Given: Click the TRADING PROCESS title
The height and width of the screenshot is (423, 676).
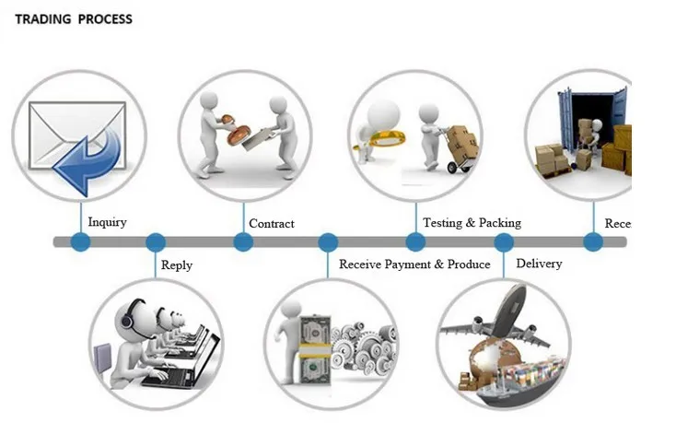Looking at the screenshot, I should point(74,18).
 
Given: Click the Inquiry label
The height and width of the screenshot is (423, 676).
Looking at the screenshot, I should point(107,222).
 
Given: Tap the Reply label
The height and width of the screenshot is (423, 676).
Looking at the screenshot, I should point(177,265).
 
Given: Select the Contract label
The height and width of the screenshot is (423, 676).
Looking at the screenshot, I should point(272,224).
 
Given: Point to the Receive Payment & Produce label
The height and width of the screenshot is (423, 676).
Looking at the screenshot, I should point(414,264).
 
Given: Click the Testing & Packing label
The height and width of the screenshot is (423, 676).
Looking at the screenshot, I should point(472,223).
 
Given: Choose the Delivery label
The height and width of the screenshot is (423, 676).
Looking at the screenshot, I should point(539,264).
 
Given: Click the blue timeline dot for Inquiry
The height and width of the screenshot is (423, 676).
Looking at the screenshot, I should point(81,242).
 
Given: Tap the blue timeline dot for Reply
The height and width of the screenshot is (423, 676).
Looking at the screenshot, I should point(156,242).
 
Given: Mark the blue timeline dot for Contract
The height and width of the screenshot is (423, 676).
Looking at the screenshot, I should point(243,242).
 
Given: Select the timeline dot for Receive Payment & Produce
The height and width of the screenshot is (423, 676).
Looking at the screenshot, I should point(328,242).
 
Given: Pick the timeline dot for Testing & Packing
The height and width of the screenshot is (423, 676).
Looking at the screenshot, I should point(415,242).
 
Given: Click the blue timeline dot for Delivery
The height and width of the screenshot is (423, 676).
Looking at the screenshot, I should point(504,242).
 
